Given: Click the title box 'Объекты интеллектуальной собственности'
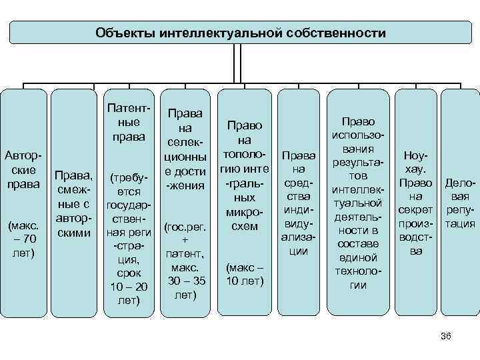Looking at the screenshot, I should coord(240,33).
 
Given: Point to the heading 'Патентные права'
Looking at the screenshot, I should coord(128,123).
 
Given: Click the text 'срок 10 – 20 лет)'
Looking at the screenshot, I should coord(128,287).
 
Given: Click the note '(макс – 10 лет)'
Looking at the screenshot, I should coord(245,274).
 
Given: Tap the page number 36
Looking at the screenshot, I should coord(446,337).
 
